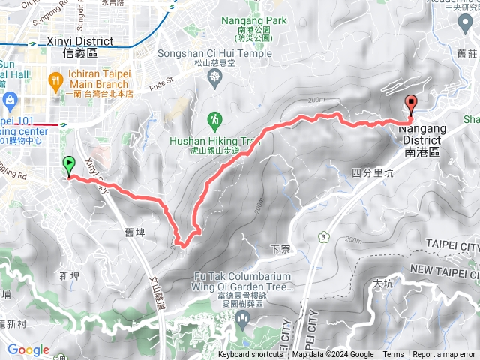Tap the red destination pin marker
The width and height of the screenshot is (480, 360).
[x=411, y=104]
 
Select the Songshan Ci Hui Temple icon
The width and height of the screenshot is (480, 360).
[x=216, y=76]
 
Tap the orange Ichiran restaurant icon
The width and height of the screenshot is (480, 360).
[x=55, y=79]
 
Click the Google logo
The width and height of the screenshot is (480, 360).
[x=28, y=349]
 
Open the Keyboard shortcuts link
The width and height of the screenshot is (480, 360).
[x=251, y=355]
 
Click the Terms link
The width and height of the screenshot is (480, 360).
[x=393, y=355]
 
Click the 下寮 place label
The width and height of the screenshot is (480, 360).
[x=279, y=247]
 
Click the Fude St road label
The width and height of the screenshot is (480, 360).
[x=163, y=78]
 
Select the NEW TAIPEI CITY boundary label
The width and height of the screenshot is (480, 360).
[x=445, y=269]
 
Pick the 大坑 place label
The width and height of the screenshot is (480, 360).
[x=382, y=284]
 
